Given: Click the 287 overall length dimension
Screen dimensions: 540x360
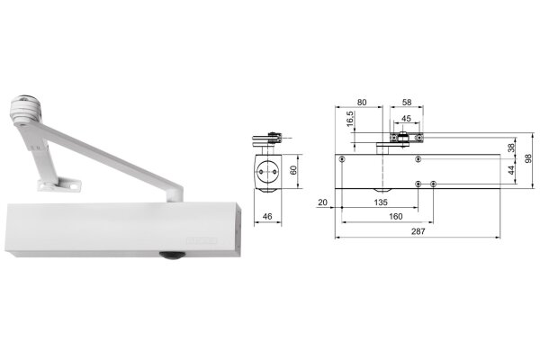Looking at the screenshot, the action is click(418, 231).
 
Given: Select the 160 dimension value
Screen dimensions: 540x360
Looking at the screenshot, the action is click(396, 216).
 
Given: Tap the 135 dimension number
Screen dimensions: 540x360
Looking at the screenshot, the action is click(381, 202).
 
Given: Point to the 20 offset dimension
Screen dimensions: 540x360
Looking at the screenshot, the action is click(323, 202).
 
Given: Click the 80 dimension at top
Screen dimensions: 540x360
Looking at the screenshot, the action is click(362, 103).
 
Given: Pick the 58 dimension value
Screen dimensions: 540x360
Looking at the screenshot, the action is click(407, 103).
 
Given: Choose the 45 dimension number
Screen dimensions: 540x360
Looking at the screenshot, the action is click(407, 119).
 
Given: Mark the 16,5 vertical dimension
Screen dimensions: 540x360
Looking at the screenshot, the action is click(350, 119).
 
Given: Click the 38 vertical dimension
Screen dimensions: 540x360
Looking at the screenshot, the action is click(512, 148).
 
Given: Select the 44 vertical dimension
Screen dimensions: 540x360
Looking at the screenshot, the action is click(512, 170).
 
